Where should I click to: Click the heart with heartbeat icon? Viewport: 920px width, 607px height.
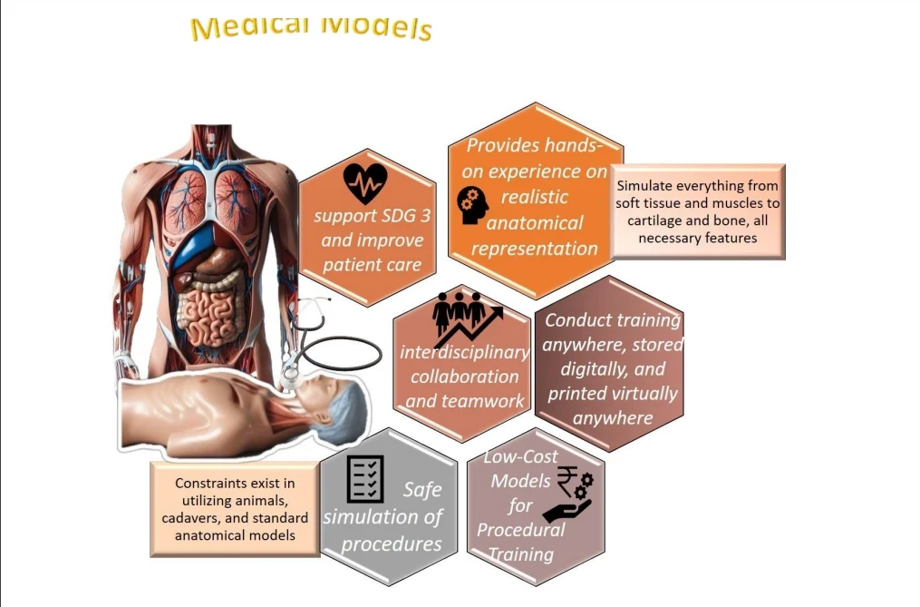[365, 183]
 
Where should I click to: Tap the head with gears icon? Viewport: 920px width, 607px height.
[473, 205]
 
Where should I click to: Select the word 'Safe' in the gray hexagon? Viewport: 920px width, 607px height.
[422, 489]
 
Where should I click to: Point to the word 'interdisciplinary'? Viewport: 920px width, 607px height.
[464, 352]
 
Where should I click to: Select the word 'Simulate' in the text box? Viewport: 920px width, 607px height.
[645, 185]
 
